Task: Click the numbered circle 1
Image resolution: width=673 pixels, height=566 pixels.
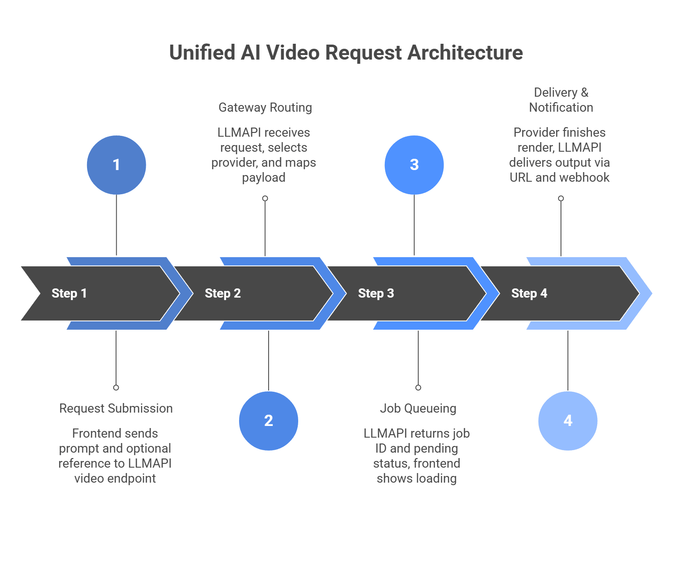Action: (x=116, y=165)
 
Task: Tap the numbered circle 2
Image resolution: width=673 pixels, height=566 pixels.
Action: (x=269, y=421)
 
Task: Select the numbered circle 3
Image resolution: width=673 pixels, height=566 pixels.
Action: (x=414, y=165)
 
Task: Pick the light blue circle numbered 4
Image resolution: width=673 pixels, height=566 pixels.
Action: (x=568, y=421)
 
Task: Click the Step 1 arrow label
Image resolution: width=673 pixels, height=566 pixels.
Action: (x=69, y=293)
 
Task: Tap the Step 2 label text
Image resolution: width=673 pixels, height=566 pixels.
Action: (x=222, y=293)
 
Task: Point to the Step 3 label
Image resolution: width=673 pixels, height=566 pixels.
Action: (x=376, y=293)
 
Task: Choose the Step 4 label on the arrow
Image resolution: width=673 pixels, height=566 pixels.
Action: (x=529, y=293)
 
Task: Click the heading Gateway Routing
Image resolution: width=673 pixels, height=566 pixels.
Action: (x=265, y=108)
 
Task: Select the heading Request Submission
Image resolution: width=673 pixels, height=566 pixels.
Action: (x=116, y=408)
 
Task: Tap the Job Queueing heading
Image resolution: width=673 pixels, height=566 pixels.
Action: (x=418, y=408)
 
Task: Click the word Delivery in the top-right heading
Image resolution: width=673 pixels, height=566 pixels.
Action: (x=556, y=93)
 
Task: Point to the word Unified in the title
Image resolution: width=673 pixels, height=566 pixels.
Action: (x=202, y=53)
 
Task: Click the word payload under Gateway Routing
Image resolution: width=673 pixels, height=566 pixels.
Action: (x=264, y=178)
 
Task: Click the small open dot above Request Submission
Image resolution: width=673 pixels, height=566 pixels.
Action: (x=116, y=388)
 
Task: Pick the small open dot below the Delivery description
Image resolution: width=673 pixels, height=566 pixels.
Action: (x=561, y=198)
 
